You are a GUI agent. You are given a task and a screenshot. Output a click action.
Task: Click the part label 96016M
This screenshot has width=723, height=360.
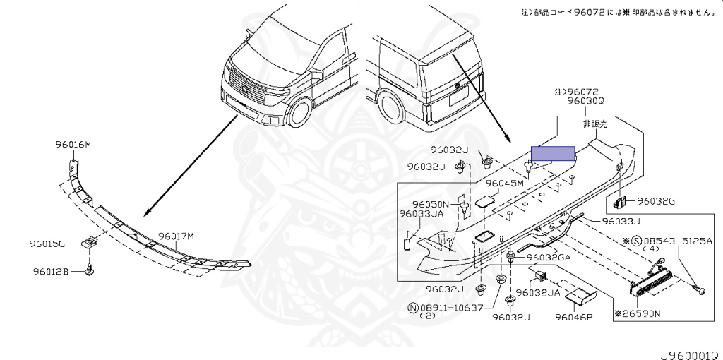tap(73, 145)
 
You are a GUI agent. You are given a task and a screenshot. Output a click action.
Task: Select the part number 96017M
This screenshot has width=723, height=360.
tap(175, 236)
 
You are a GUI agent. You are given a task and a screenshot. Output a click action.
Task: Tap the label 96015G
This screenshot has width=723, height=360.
tap(47, 244)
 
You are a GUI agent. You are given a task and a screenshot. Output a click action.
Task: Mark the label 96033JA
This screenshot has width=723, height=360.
tap(421, 214)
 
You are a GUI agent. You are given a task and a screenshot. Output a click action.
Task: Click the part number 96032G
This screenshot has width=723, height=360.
tap(656, 201)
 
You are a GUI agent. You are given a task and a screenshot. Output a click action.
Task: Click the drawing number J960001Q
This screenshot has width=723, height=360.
tap(689, 350)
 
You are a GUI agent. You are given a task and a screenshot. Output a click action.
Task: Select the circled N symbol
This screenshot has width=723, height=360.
tap(412, 307)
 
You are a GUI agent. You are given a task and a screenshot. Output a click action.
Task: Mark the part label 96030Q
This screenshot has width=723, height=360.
tap(585, 101)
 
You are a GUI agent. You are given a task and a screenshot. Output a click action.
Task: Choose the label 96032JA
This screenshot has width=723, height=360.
tap(537, 292)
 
